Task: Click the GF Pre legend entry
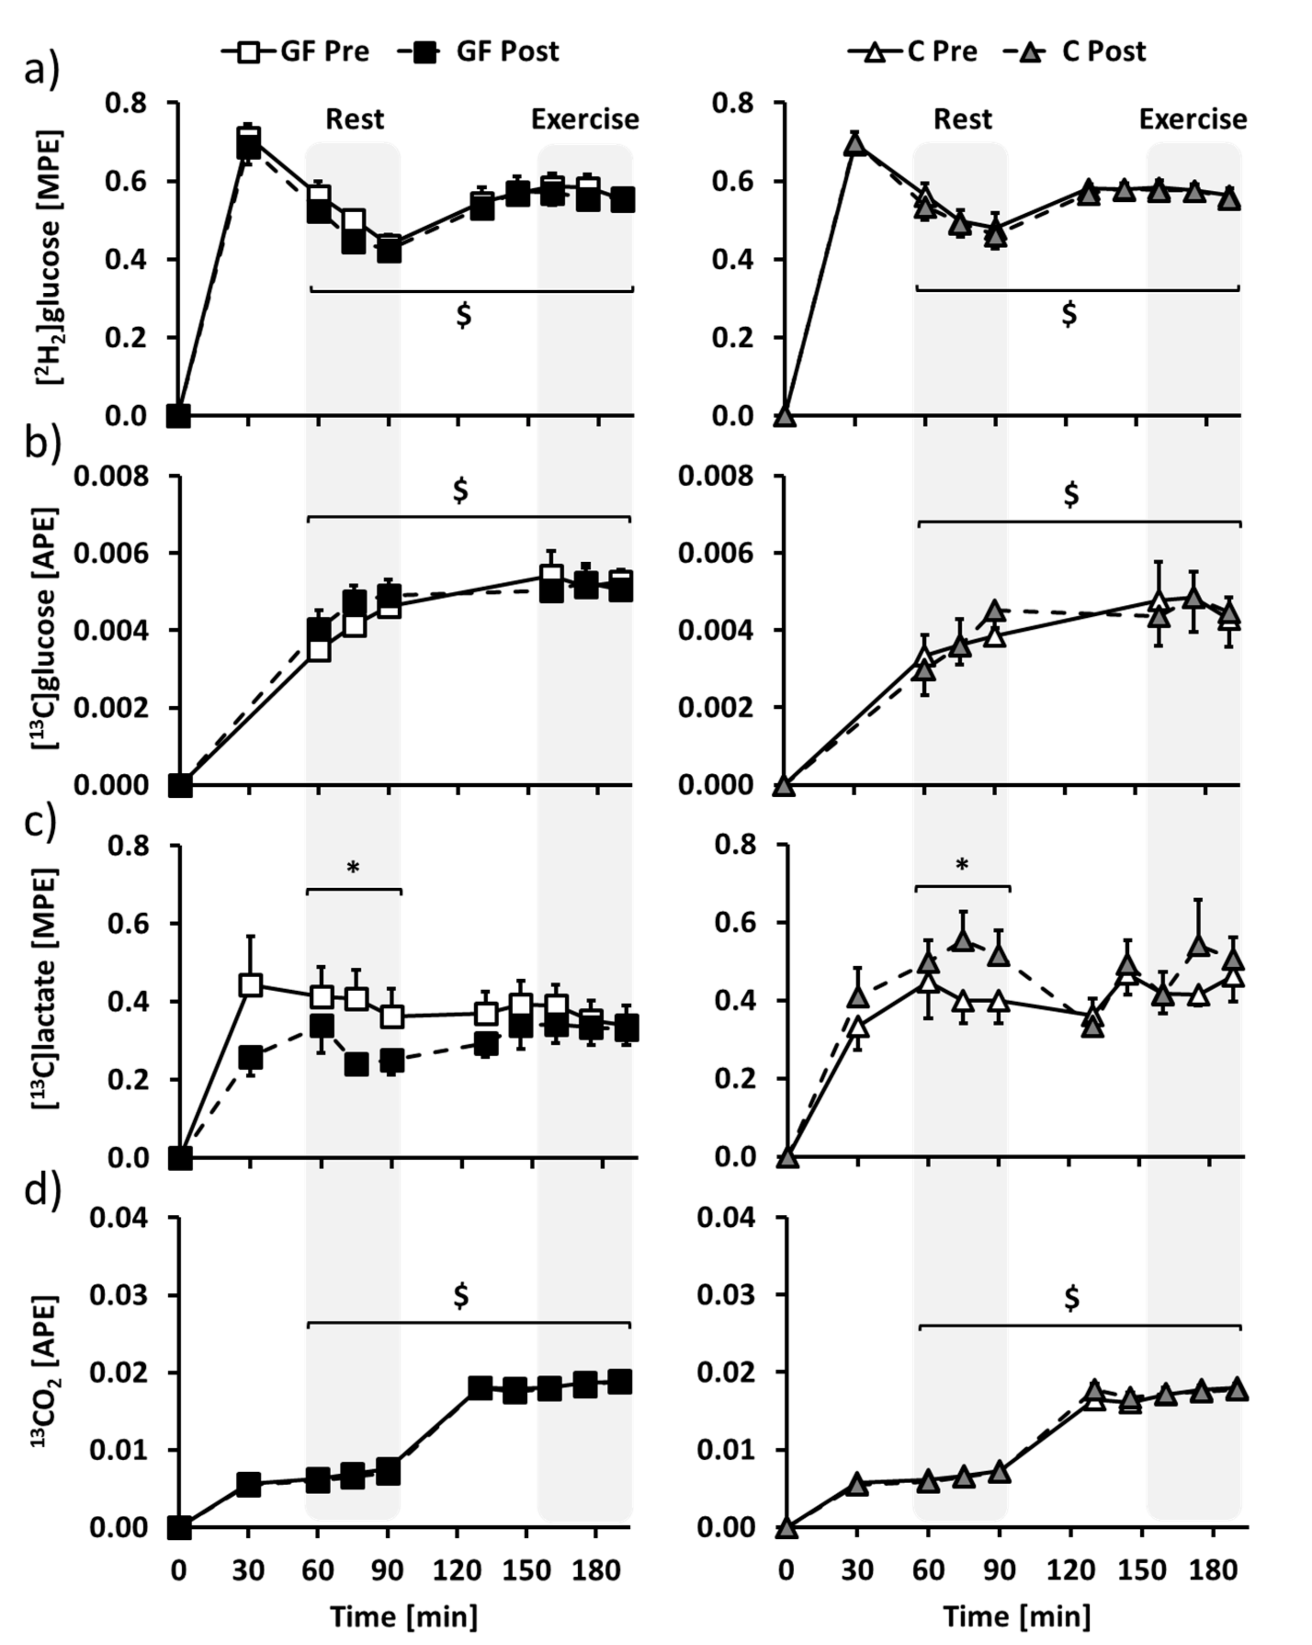[296, 51]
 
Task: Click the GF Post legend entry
[479, 51]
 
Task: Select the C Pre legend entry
[912, 51]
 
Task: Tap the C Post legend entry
[1075, 51]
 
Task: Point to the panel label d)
[42, 1189]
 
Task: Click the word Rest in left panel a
[355, 120]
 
